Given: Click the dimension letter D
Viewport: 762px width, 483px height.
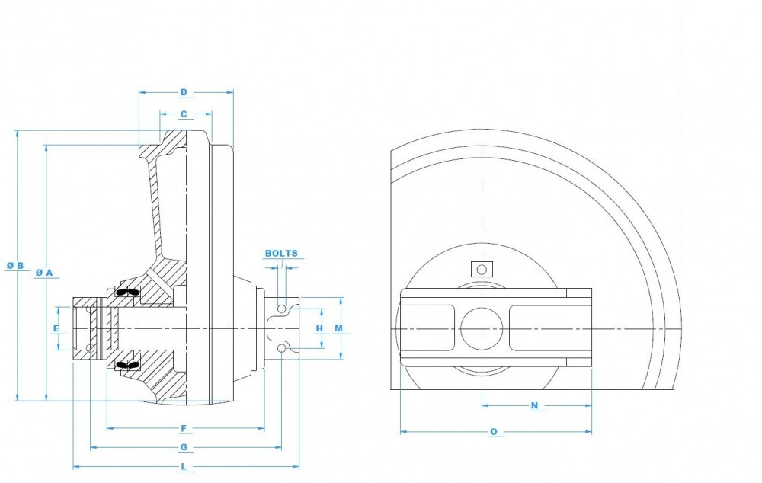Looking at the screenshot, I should (x=184, y=93).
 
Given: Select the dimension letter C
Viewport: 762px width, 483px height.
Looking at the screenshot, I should (x=184, y=114).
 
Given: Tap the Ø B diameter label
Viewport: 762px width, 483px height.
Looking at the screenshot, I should (x=15, y=266).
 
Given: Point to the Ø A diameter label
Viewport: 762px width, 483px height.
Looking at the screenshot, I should (x=44, y=272).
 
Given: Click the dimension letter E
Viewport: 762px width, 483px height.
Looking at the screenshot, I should (x=56, y=328).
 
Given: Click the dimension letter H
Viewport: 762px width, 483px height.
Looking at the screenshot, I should (x=319, y=328).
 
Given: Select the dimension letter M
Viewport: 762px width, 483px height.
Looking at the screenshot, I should (x=339, y=328).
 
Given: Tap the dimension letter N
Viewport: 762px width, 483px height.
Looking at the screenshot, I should (x=534, y=405).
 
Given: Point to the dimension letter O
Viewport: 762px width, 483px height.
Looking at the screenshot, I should (x=494, y=432).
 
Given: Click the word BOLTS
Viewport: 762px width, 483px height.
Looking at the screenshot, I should (x=281, y=254).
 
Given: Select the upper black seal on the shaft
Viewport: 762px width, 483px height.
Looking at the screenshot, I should (x=126, y=293).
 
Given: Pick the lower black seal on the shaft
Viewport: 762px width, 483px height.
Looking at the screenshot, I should (x=126, y=365).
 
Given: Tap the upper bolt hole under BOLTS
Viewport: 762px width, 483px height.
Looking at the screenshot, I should (x=283, y=308).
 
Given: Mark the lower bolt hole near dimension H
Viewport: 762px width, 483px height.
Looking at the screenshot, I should (x=283, y=348).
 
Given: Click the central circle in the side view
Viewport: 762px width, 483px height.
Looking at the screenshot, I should (x=482, y=328).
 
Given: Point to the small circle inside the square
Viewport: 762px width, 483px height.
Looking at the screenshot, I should (x=482, y=269).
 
